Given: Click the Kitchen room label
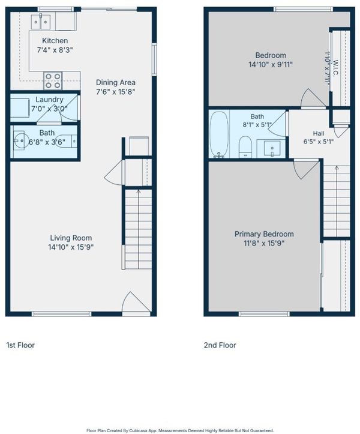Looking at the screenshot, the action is click(55, 41).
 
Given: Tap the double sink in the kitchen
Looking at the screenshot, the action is click(41, 22).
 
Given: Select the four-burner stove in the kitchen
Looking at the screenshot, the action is click(53, 81).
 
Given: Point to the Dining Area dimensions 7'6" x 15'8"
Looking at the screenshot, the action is click(115, 92).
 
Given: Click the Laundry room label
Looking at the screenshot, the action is click(49, 100).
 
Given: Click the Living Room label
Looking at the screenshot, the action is click(71, 238).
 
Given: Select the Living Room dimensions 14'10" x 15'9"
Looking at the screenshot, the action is click(71, 247).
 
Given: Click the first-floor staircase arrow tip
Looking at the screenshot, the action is click(139, 191).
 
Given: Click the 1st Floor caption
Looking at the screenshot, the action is click(20, 345).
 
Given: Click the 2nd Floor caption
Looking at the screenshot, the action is click(220, 345).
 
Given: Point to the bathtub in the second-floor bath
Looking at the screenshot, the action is click(219, 134).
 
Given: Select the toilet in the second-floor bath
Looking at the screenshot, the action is click(245, 146).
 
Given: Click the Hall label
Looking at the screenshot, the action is click(319, 133).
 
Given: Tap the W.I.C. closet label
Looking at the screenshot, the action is click(335, 68).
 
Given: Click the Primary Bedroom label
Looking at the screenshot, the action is click(264, 234).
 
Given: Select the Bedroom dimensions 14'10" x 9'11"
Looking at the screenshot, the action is click(271, 64).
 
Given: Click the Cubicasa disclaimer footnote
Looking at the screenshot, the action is click(180, 430).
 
